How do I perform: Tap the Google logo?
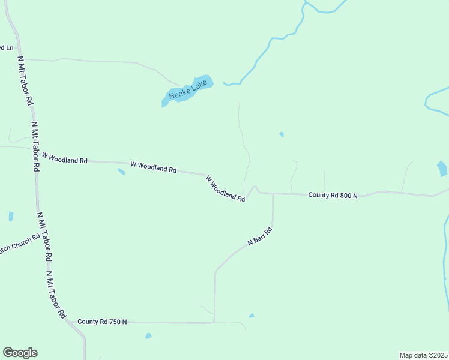pos(20,353)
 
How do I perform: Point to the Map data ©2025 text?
pos(423,355)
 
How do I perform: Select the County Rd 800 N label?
pos(333,195)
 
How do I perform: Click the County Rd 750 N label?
pos(102,322)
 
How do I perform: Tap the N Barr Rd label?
pos(261,236)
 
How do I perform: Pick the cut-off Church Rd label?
pos(19,242)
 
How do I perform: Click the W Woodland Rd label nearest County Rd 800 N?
pos(225,188)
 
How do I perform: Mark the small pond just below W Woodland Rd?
pos(121,172)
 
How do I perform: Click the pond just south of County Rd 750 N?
pos(148,336)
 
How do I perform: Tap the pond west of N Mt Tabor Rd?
pos(11,217)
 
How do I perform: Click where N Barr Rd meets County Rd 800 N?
pos(273,194)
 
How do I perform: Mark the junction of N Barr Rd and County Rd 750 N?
pos(214,322)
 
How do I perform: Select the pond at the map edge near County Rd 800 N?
pos(442,169)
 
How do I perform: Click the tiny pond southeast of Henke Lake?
pos(282,134)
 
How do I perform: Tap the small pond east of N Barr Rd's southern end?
pos(252,315)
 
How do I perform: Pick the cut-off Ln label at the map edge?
pos(7,48)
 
